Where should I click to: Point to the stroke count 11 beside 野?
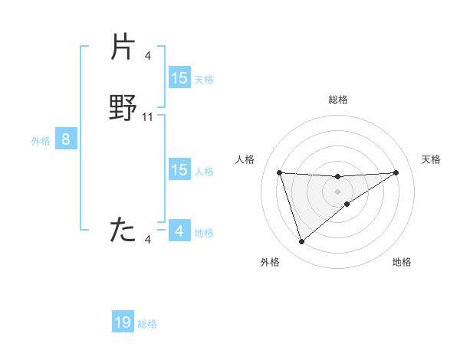click(148, 117)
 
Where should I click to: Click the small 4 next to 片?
click(148, 55)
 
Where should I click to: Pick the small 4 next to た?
click(148, 240)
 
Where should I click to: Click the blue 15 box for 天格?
click(179, 78)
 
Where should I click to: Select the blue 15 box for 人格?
click(179, 170)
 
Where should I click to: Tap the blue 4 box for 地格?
click(179, 231)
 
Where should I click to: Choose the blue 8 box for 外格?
click(66, 139)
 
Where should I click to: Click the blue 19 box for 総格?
click(123, 322)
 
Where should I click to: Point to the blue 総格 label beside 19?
click(147, 324)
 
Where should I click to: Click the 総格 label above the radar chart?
click(338, 100)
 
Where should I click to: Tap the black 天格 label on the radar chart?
click(431, 159)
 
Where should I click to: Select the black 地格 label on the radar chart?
click(402, 262)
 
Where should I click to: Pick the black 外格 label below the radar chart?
click(269, 262)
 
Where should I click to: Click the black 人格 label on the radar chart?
click(245, 159)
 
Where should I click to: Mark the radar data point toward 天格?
click(396, 172)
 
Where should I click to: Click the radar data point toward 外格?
click(301, 242)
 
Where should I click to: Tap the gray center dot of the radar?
click(337, 191)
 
